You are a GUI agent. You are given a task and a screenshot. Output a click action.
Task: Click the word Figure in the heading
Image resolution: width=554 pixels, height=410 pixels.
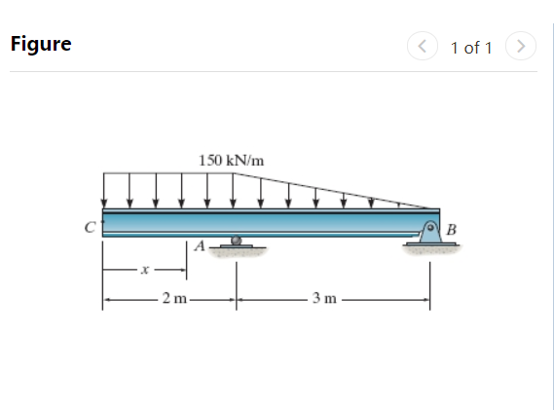(40, 45)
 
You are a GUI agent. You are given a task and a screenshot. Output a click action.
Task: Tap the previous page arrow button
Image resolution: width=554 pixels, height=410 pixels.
(422, 46)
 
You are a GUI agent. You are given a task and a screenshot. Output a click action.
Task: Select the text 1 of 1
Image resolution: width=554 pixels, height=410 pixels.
(471, 47)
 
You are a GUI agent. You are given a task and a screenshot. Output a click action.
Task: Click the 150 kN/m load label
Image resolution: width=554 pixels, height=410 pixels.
(231, 159)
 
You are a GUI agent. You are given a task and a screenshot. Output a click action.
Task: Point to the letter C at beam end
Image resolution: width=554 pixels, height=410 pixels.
(89, 228)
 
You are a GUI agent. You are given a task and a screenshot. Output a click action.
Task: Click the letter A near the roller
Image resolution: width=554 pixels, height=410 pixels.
(200, 246)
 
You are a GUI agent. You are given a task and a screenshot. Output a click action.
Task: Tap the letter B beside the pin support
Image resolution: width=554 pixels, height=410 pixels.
(450, 229)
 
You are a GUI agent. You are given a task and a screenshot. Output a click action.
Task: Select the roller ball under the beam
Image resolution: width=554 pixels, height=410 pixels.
(235, 241)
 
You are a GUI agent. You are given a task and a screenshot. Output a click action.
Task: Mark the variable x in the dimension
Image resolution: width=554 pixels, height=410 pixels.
(144, 272)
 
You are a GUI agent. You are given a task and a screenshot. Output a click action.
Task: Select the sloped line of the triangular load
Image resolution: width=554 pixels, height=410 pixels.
(341, 190)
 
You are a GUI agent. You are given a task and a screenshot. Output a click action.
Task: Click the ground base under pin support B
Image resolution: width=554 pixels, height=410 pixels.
(427, 249)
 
